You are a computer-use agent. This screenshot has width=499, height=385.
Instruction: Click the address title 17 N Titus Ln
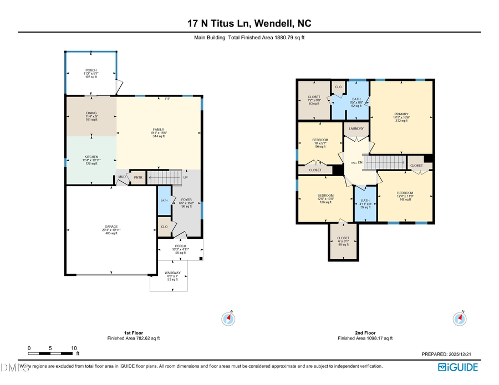[x=249, y=23]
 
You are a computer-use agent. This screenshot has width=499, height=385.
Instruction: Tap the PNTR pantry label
[x=138, y=177]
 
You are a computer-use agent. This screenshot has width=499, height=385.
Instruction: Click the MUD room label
[x=121, y=177]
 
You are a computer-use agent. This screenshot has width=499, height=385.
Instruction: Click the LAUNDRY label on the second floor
[x=355, y=129]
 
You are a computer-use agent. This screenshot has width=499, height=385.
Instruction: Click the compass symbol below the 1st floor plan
[x=228, y=319]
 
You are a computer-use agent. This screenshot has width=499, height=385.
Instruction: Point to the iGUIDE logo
[x=457, y=367]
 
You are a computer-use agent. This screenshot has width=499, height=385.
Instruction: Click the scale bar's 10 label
[x=74, y=348]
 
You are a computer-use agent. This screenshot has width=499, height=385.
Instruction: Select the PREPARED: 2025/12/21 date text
[x=449, y=354]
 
